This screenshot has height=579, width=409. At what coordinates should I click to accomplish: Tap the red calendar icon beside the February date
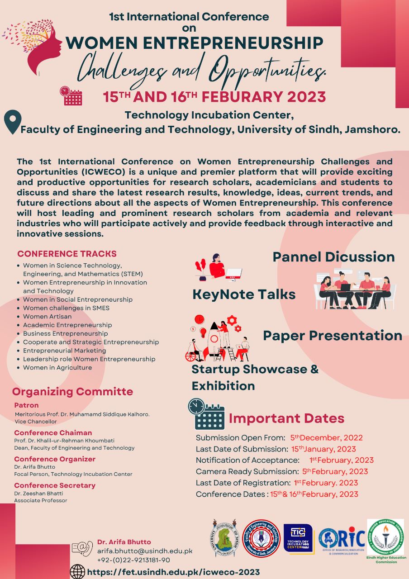coord(71,96)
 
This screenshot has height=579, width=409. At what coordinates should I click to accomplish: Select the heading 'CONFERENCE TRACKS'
coord(67,254)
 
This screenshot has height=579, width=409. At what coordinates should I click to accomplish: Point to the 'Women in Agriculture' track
coord(57,368)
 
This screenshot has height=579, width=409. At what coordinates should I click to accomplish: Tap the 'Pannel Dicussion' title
coord(333,257)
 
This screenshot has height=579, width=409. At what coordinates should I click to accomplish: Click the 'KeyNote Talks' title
coord(244,294)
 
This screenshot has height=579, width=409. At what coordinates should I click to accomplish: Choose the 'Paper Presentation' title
coord(333,336)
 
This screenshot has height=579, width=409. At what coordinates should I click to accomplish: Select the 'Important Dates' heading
coord(286,418)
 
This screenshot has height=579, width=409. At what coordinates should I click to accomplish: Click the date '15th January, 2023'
coord(323,449)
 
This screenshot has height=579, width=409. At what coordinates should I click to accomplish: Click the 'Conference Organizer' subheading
coord(55,459)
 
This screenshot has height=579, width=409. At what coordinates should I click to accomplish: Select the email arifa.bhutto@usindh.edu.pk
coord(145,551)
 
